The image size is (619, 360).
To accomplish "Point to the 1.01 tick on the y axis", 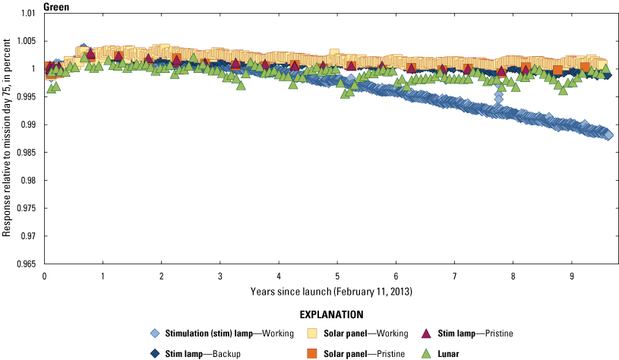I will (29, 14).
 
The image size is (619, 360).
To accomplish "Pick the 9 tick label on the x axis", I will (571, 276).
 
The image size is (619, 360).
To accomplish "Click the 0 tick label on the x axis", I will (45, 276).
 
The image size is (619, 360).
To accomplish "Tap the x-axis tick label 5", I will (337, 276).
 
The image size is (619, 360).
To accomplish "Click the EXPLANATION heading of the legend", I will (331, 314).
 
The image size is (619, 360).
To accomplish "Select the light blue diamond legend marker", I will (156, 333).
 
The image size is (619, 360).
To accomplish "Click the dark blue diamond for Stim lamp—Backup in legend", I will (156, 352).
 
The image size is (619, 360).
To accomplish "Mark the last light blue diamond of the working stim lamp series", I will (608, 134).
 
